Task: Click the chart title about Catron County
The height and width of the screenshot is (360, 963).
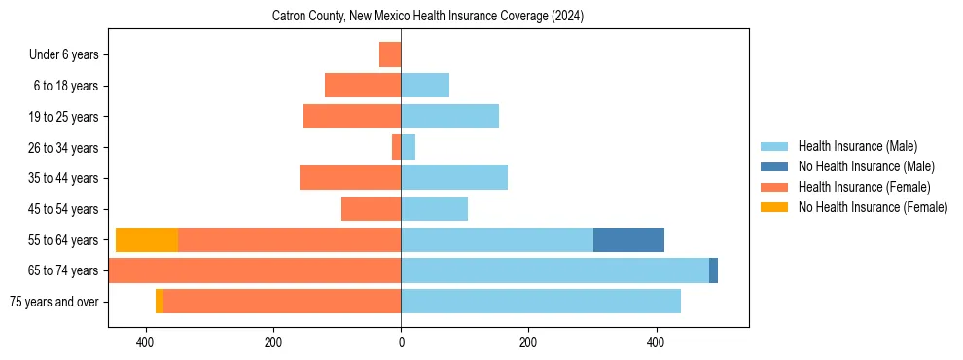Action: click(x=428, y=16)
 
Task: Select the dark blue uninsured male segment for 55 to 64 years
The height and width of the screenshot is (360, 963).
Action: click(x=628, y=239)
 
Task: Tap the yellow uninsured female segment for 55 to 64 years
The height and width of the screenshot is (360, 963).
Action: click(x=147, y=239)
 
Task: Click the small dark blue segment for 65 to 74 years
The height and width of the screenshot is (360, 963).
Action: click(x=713, y=270)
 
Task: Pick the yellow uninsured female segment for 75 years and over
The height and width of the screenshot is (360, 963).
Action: click(x=160, y=302)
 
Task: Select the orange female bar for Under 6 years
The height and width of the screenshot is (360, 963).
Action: click(x=390, y=54)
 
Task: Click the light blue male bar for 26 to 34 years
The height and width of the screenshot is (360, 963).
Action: click(x=409, y=147)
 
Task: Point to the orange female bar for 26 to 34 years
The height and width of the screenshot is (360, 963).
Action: click(x=397, y=147)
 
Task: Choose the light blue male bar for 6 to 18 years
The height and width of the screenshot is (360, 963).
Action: click(x=425, y=86)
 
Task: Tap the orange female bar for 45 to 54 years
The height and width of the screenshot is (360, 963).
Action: click(x=372, y=209)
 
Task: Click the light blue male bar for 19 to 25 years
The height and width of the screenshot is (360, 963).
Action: click(x=449, y=117)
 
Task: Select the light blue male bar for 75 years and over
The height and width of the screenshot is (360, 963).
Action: click(x=541, y=302)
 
